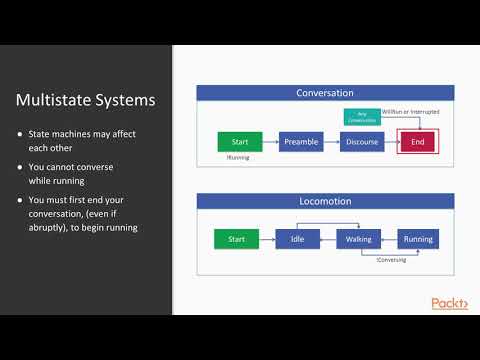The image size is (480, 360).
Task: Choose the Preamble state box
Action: (x=301, y=142)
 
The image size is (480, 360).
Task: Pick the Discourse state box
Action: (x=363, y=142)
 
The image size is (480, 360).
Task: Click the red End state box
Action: (x=417, y=142)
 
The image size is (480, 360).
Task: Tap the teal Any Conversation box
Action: (x=361, y=117)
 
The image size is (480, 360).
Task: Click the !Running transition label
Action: (x=238, y=157)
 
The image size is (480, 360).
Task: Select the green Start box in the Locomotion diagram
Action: (x=237, y=239)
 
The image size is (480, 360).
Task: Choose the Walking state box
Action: (x=357, y=239)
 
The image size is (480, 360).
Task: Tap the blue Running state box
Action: (x=418, y=239)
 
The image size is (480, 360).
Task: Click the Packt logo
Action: (x=449, y=303)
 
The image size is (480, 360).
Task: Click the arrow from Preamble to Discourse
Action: (x=332, y=142)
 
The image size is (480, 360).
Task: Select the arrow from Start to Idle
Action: (x=267, y=239)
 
